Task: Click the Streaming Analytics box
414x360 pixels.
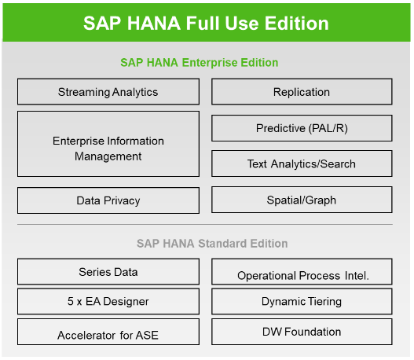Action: click(108, 92)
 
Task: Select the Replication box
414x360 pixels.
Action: click(302, 92)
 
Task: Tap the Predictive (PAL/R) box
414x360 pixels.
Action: click(302, 128)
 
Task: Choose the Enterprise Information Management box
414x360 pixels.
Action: click(108, 144)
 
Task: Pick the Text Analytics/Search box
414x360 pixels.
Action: click(302, 163)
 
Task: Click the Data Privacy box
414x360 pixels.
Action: click(108, 200)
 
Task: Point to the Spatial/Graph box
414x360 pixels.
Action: click(302, 200)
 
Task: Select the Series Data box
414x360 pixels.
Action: click(108, 272)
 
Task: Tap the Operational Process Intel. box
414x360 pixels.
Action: click(302, 272)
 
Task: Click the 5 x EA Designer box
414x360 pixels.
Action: click(108, 301)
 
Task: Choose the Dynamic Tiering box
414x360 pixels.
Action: click(302, 301)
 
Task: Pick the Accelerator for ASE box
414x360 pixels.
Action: click(108, 332)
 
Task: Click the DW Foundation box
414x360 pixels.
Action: click(302, 332)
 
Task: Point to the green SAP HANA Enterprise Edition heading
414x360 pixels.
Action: click(200, 63)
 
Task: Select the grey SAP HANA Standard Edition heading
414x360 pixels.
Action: click(212, 244)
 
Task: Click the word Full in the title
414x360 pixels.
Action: click(203, 24)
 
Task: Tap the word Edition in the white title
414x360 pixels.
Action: click(297, 24)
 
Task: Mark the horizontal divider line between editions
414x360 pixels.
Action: click(205, 225)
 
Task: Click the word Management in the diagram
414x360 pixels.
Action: click(108, 156)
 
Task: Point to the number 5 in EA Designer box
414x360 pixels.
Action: click(71, 301)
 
